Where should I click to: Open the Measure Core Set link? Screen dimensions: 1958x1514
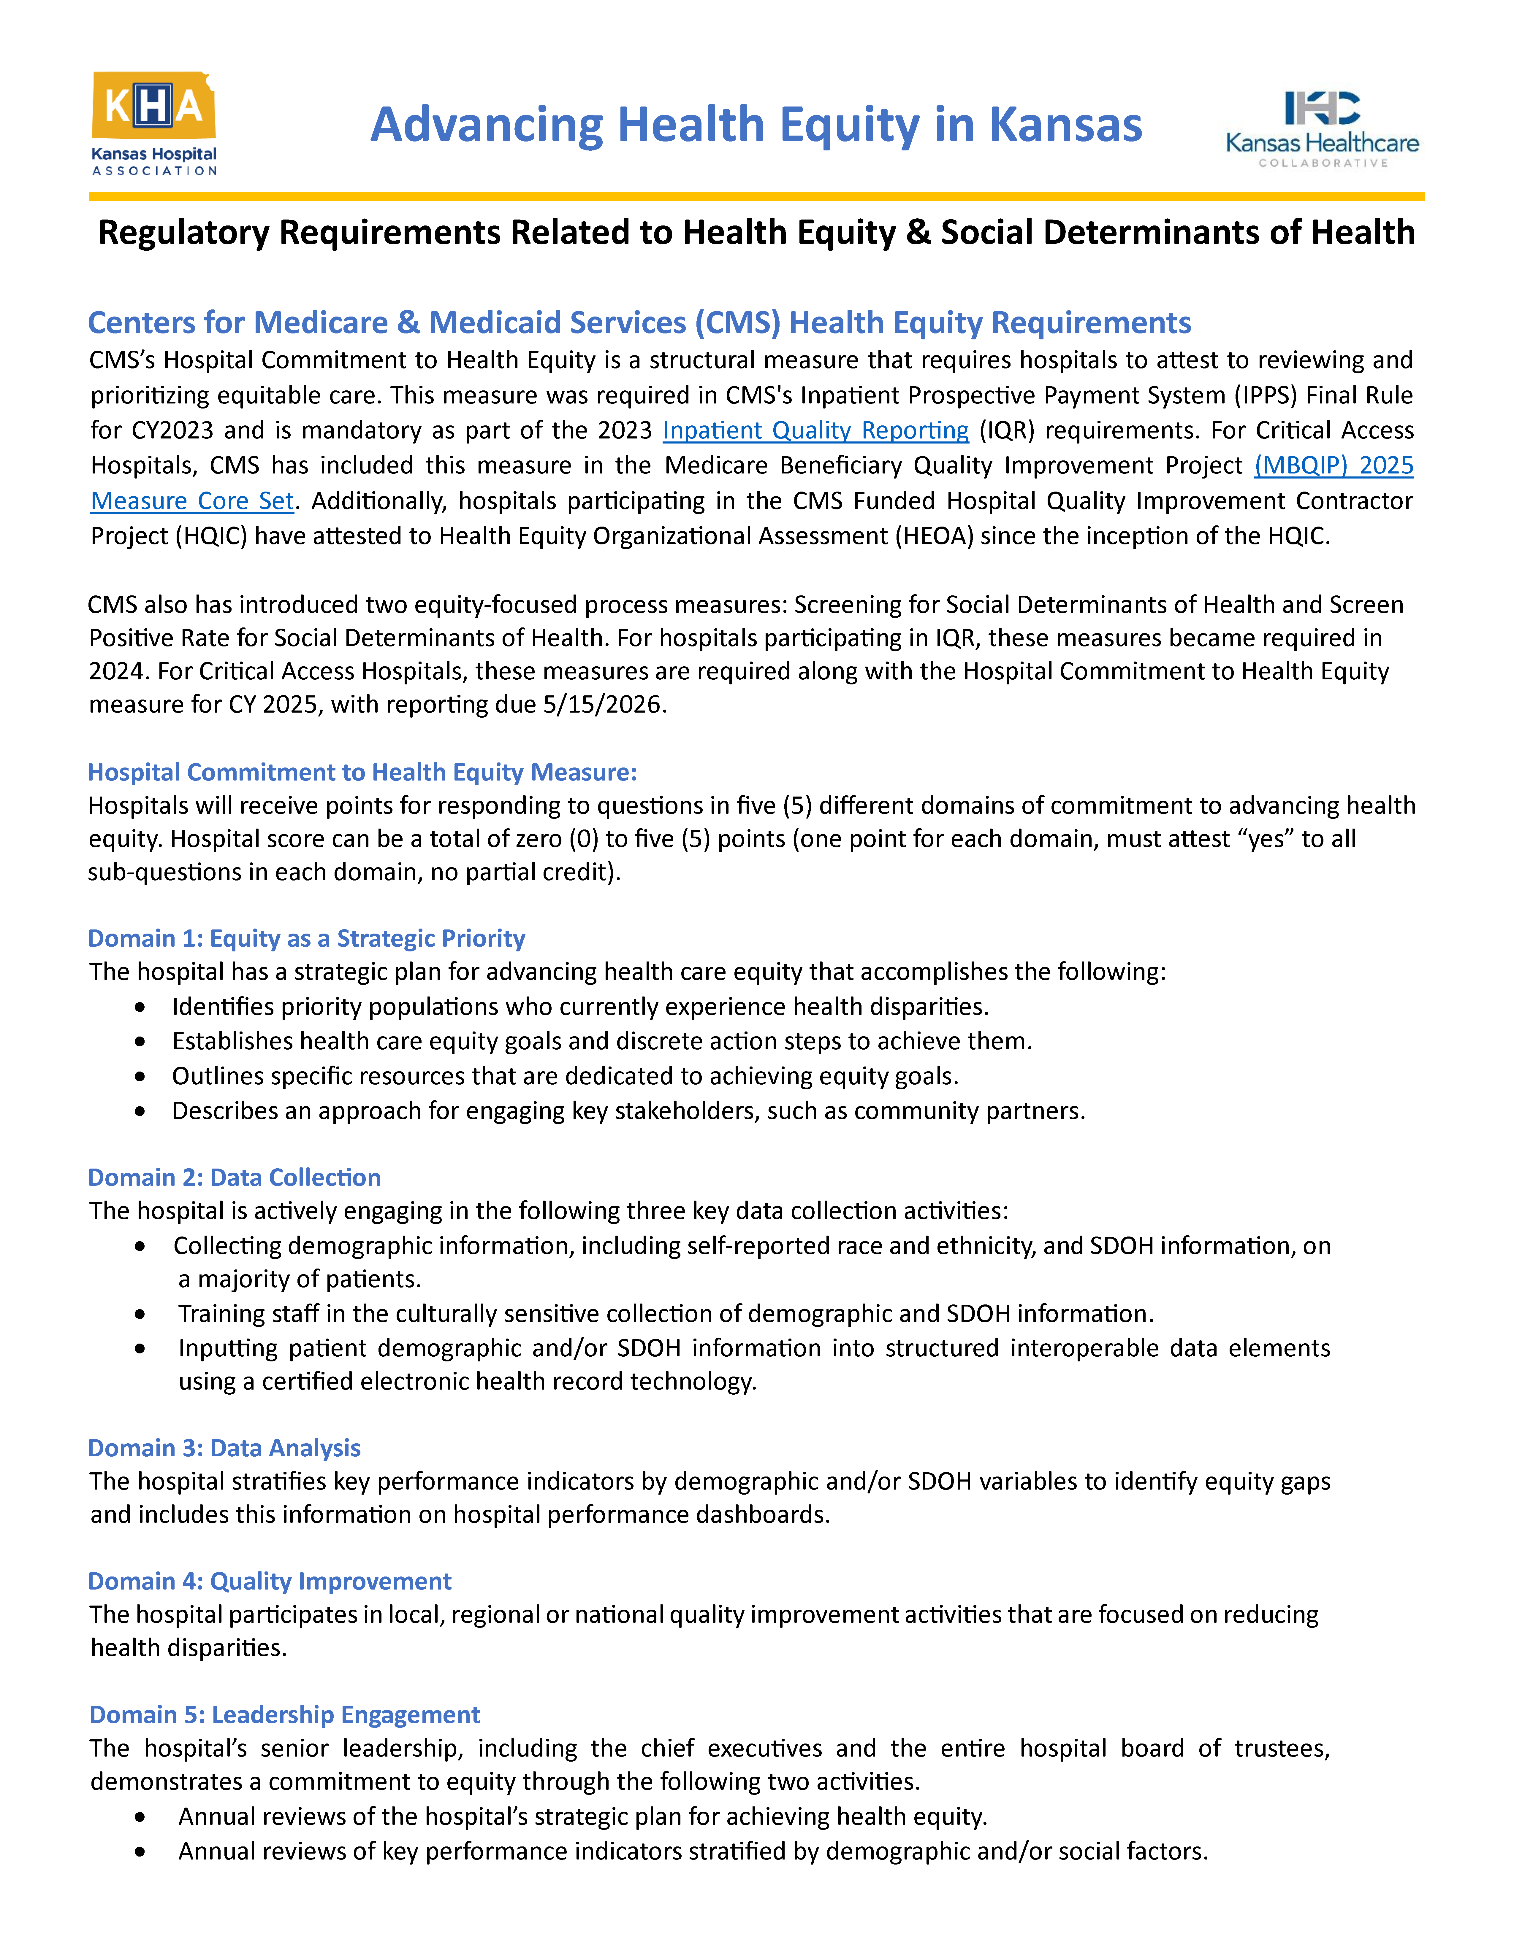[x=192, y=501]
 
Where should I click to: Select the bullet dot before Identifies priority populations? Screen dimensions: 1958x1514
[x=140, y=1008]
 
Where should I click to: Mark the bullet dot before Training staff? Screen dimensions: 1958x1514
[x=140, y=1314]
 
